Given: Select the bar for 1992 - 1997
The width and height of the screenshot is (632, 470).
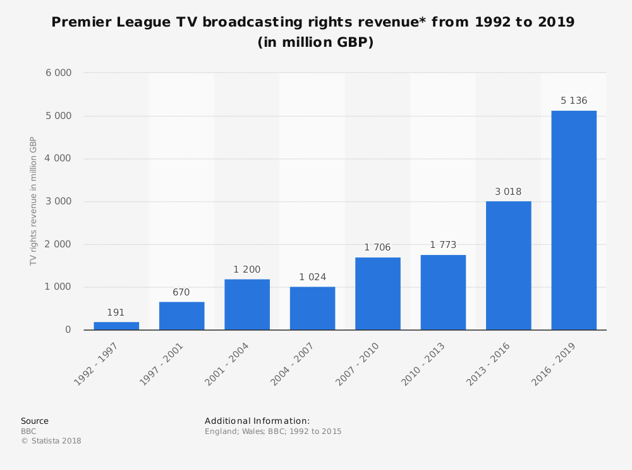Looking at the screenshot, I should coord(116,326).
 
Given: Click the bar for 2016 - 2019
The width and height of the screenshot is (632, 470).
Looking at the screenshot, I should coord(574,220).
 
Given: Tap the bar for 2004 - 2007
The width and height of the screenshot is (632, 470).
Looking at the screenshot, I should coord(312,308).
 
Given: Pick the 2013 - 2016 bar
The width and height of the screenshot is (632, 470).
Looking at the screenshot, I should coord(508,266).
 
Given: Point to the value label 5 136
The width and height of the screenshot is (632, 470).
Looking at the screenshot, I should coord(574,101).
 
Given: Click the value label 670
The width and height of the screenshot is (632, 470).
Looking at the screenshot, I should coord(181,292).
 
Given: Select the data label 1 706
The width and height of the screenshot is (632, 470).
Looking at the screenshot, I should coord(378,247).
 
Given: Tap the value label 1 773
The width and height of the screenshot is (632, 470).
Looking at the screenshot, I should coord(443,245).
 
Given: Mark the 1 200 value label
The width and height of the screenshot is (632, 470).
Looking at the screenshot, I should coord(247,269).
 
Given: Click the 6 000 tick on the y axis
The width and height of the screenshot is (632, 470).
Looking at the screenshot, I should coord(59,73).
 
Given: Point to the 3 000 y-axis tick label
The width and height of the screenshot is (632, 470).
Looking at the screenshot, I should coord(59,201).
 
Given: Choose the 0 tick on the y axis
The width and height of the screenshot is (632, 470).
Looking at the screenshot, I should coord(68,330).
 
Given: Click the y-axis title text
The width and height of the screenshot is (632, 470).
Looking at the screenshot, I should coord(33,201).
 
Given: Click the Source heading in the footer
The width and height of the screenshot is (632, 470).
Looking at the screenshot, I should coord(35,421).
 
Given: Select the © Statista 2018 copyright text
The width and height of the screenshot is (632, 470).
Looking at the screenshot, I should coord(51,441).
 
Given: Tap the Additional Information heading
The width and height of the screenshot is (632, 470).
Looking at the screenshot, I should coord(257,421).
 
